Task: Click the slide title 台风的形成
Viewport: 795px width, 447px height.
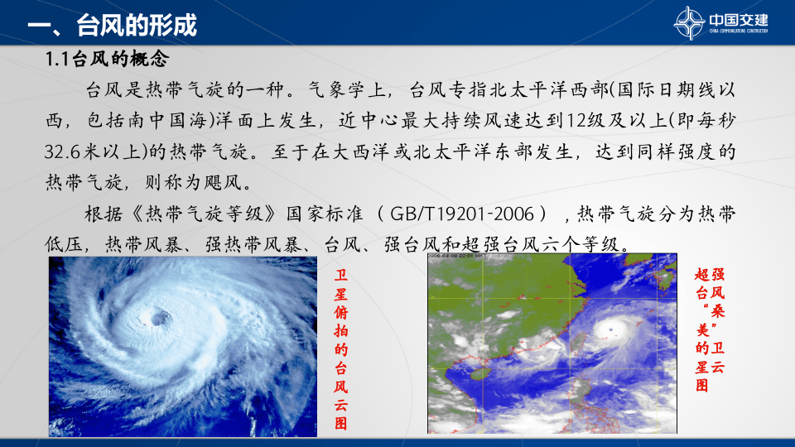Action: point(136,26)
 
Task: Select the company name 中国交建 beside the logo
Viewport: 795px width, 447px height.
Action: point(739,19)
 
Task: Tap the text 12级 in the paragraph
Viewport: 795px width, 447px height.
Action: point(585,121)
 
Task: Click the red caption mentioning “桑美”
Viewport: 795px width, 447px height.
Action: point(711,329)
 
